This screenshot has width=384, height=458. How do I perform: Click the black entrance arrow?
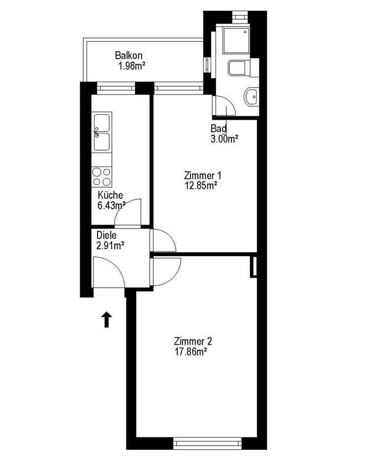(107, 319)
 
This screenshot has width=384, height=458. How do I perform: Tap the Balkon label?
(129, 55)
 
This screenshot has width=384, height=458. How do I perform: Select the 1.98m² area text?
(132, 66)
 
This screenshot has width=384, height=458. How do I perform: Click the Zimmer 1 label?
(202, 175)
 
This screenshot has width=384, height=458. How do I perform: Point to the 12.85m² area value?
(201, 186)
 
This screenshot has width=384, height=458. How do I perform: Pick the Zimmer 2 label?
(192, 341)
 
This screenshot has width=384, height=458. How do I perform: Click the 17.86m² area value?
(191, 352)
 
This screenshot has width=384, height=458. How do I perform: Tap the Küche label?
(110, 195)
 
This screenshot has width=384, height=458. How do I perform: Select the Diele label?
(107, 235)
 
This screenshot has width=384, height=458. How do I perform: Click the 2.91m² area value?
(110, 246)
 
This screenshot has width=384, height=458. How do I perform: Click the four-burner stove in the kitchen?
(101, 177)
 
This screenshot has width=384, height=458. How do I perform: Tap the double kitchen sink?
(101, 132)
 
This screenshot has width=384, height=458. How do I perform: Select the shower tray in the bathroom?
(236, 40)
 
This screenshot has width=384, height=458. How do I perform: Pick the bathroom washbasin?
(252, 96)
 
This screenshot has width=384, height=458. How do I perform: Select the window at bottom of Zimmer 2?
(208, 443)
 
